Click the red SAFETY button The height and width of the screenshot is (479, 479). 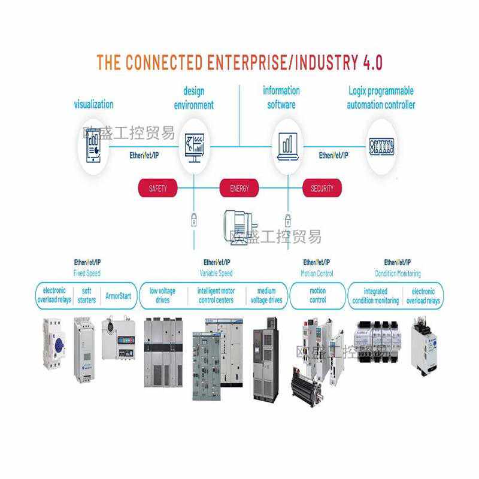point(158,189)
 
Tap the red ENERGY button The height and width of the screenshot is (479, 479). point(239,189)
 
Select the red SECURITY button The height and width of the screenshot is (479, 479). point(322,189)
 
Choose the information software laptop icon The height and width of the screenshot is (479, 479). point(287,145)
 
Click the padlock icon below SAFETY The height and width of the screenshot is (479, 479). point(193,219)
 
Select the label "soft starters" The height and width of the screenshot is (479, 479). point(87,296)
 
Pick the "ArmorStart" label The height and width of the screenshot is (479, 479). point(118,296)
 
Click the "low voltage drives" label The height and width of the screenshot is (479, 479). point(163,296)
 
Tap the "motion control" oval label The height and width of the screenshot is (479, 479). point(317,296)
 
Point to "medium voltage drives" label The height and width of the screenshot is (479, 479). point(266,296)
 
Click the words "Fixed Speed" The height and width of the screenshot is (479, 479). point(87,274)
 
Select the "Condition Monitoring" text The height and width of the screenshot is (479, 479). point(398,274)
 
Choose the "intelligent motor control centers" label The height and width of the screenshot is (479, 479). point(216,296)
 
